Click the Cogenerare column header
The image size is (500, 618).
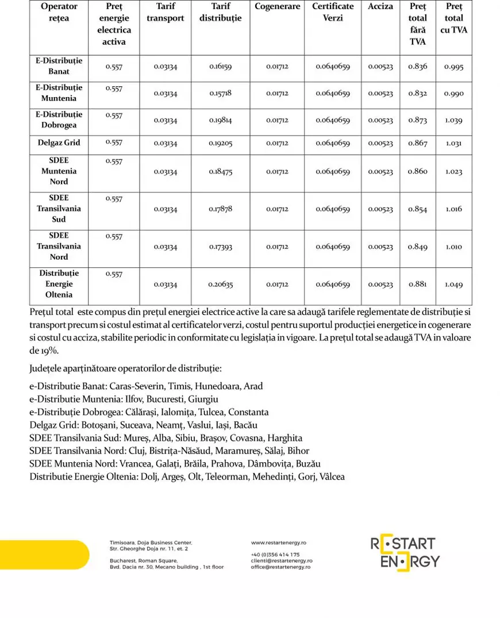[x=278, y=6]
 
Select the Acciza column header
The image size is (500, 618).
[x=380, y=6]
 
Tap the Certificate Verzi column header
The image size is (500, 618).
[x=333, y=12]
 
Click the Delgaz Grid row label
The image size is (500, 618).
[x=59, y=143]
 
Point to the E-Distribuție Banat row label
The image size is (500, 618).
[x=59, y=66]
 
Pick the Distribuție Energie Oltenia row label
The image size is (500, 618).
[x=59, y=284]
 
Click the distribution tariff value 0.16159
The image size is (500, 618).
[x=221, y=67]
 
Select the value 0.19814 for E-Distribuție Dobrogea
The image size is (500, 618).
[x=221, y=121]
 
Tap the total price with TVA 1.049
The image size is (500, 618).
[x=453, y=285]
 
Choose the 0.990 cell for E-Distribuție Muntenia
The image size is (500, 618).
[x=453, y=94]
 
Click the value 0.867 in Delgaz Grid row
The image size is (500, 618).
[x=418, y=143]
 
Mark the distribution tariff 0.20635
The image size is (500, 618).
[x=221, y=285]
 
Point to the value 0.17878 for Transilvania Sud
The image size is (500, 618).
[x=221, y=209]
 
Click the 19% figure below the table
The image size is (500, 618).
[x=48, y=351]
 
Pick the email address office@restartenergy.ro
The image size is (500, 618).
[x=280, y=567]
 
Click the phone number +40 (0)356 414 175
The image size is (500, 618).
[x=275, y=555]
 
